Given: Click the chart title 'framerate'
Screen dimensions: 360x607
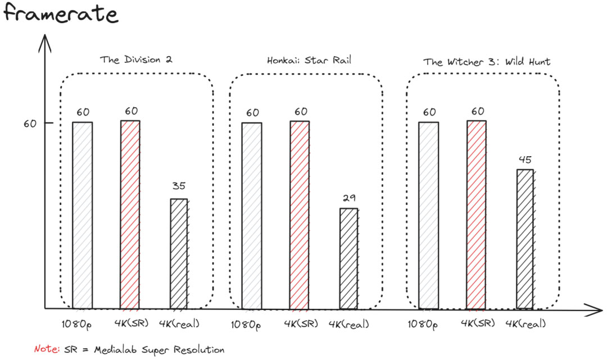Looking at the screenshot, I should click(x=61, y=13).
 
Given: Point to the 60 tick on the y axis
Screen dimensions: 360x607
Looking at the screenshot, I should click(x=29, y=123).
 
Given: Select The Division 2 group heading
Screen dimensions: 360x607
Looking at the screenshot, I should click(x=135, y=60).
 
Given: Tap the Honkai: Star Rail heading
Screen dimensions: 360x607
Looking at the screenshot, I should click(x=309, y=60).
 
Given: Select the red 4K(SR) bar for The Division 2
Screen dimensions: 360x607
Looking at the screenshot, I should click(x=130, y=215).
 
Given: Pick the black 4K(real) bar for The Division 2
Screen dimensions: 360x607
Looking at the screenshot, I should click(x=179, y=254).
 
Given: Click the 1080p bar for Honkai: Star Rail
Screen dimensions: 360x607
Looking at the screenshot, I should click(x=252, y=216).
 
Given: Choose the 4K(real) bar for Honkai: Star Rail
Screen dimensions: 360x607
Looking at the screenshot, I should click(x=348, y=258).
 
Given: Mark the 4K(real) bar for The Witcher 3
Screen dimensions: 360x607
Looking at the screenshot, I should click(x=525, y=239).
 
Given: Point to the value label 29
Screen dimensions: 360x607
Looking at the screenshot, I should click(x=348, y=198).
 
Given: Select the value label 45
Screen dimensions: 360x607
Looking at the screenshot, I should click(x=525, y=159).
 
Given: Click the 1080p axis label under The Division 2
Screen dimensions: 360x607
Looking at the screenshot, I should click(x=77, y=324).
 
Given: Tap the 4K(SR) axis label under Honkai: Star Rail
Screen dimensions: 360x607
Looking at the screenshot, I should click(x=301, y=324).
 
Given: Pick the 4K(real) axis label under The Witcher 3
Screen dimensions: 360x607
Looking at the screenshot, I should click(x=526, y=324).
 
